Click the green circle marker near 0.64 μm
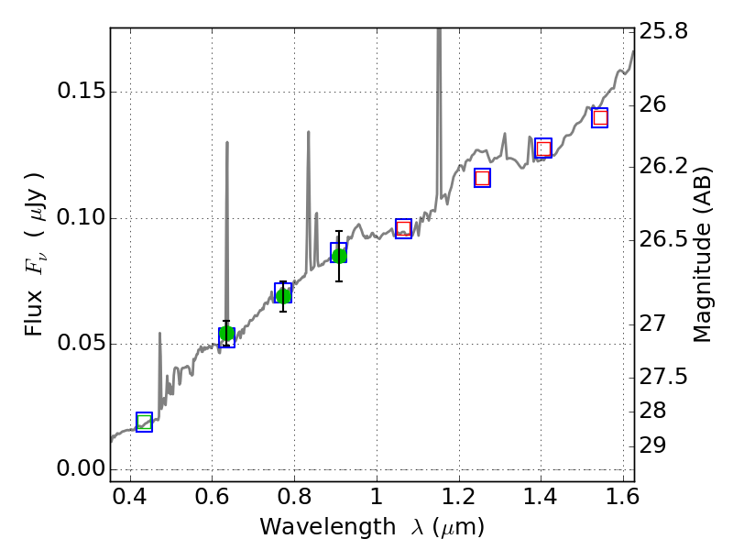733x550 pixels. [x=226, y=334]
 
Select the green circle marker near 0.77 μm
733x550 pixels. [x=283, y=295]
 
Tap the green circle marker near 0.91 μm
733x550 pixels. [x=339, y=255]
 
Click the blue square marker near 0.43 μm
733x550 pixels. [x=144, y=422]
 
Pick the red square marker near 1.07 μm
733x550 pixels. [x=403, y=228]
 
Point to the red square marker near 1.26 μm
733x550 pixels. [x=482, y=178]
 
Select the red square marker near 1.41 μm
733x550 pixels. [x=543, y=148]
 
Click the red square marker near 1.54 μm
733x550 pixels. [x=599, y=117]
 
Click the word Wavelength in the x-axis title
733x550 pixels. [x=311, y=527]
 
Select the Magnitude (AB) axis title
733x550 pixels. [x=703, y=255]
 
